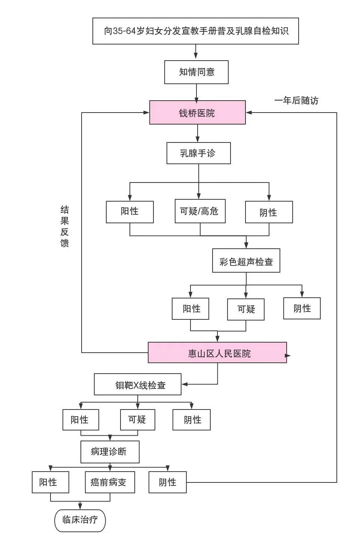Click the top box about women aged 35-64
[195, 31]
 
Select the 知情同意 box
[196, 72]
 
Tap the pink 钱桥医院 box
[198, 112]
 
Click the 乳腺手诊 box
[198, 153]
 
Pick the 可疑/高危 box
[200, 211]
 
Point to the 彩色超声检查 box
[246, 261]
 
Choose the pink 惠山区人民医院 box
[217, 353]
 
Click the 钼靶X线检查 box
[137, 384]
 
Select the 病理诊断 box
[110, 452]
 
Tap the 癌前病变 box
[110, 482]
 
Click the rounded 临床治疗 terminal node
[80, 520]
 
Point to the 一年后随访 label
[296, 100]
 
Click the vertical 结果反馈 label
[64, 226]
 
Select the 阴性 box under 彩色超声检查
[302, 309]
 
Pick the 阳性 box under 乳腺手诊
[129, 212]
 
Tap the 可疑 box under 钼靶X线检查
[137, 420]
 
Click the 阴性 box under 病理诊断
[167, 482]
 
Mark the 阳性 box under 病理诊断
[50, 482]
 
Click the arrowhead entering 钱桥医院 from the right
[248, 112]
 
